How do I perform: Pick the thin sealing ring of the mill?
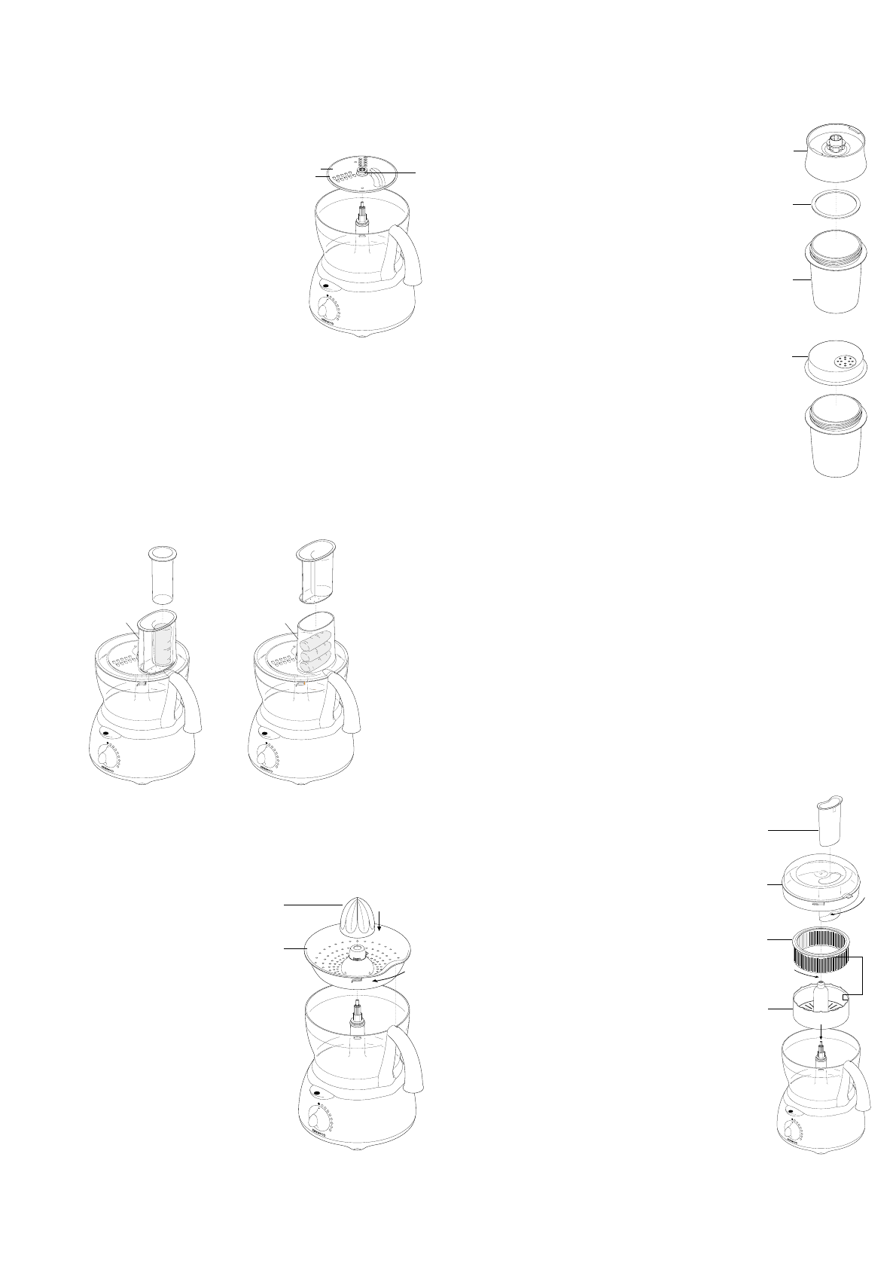pos(836,205)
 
